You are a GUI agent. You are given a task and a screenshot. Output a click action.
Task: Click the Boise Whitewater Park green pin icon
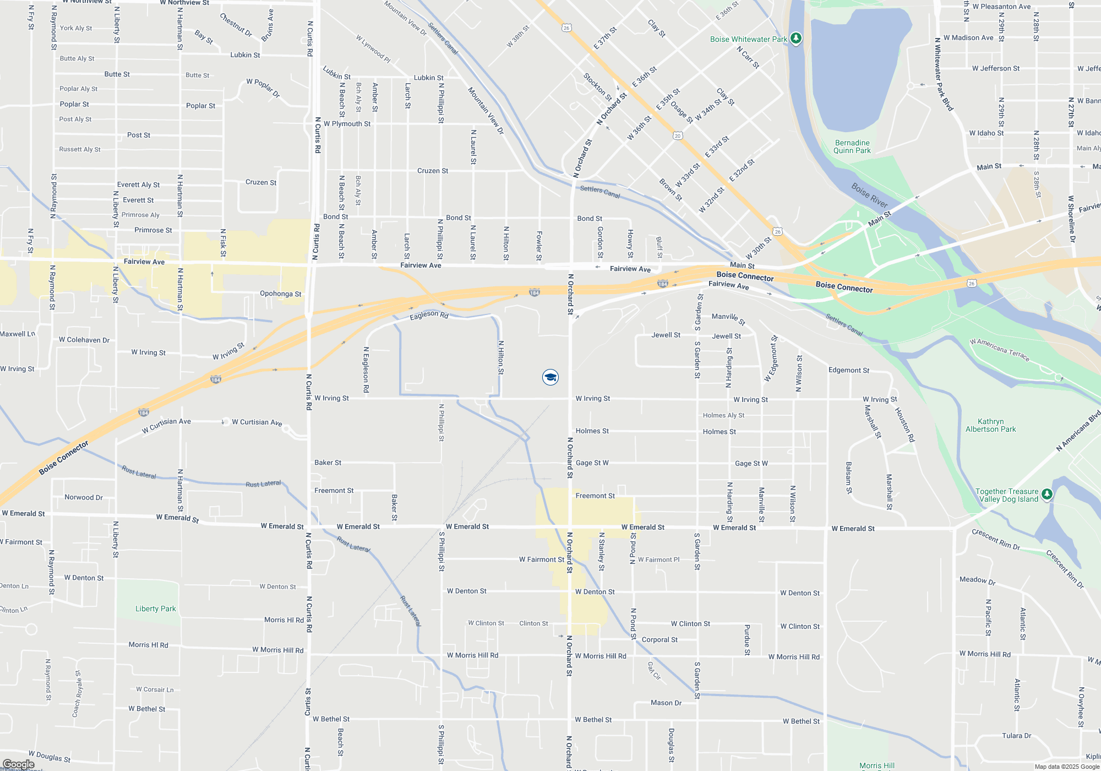pyautogui.click(x=795, y=38)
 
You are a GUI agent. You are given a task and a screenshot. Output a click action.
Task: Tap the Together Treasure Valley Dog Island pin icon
pyautogui.click(x=1047, y=494)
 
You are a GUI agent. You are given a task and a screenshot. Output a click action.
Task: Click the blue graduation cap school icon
pyautogui.click(x=550, y=377)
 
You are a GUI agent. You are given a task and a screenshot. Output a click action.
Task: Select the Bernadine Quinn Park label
pyautogui.click(x=852, y=146)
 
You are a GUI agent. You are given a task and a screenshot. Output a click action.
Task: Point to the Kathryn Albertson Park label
pyautogui.click(x=990, y=425)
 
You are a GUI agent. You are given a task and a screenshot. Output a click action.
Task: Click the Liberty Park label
pyautogui.click(x=156, y=609)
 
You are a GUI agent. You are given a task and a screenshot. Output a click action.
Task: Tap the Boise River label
pyautogui.click(x=869, y=195)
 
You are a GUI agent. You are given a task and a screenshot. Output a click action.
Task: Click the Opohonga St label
pyautogui.click(x=280, y=294)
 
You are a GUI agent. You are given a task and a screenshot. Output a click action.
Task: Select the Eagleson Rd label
pyautogui.click(x=429, y=315)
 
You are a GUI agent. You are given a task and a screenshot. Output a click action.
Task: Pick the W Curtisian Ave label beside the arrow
pyautogui.click(x=257, y=422)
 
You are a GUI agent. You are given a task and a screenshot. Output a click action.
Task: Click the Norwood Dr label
pyautogui.click(x=84, y=497)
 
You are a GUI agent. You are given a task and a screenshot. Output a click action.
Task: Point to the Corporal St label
pyautogui.click(x=659, y=639)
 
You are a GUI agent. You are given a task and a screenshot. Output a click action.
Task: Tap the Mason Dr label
pyautogui.click(x=666, y=703)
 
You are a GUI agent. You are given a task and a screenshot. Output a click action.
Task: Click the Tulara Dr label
pyautogui.click(x=1016, y=736)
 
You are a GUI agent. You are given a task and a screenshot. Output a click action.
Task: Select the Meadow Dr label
pyautogui.click(x=977, y=580)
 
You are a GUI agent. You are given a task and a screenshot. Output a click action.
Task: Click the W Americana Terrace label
pyautogui.click(x=999, y=349)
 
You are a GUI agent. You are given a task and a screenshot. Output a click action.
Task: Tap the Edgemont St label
pyautogui.click(x=849, y=370)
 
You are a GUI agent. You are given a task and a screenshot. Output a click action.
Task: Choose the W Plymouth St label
pyautogui.click(x=347, y=124)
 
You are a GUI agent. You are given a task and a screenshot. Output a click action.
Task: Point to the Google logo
pyautogui.click(x=19, y=764)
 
